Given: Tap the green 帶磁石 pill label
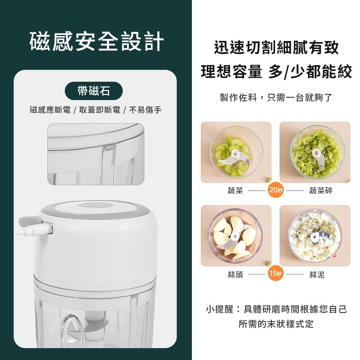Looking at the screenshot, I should point(94,91).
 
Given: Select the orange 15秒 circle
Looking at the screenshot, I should point(275,274).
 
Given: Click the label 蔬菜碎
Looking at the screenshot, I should point(321,191).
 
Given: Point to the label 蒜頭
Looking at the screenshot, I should point(235,275).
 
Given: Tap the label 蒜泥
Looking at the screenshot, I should point(317,275).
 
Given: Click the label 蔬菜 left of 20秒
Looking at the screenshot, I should point(235,191).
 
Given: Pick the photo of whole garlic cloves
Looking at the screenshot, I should point(236,236).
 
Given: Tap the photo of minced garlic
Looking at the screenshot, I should point(315,236).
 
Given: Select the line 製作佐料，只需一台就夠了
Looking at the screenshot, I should point(276,98).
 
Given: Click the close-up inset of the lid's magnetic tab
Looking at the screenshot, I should point(95,154).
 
